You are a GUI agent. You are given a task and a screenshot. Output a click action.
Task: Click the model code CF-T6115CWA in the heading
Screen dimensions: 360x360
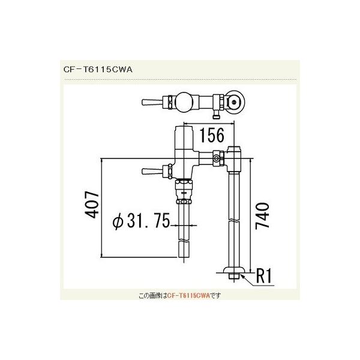pos(97,68)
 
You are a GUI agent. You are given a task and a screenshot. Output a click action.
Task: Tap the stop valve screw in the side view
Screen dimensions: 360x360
pos(216,158)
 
